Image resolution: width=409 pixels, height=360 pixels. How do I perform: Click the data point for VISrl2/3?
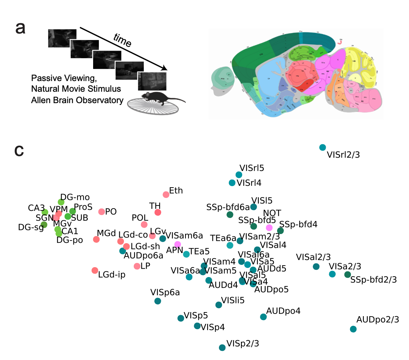tap(323, 147)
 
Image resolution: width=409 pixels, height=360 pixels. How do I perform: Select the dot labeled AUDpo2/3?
tap(353, 329)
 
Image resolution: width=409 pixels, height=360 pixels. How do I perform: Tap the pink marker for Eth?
tap(166, 194)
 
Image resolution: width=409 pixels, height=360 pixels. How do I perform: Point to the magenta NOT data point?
tap(269, 228)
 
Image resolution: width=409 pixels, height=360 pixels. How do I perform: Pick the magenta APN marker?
tap(178, 244)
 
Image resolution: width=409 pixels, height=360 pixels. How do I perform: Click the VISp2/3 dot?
tap(222, 347)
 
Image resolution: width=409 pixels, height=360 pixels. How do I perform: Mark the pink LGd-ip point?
tap(95, 270)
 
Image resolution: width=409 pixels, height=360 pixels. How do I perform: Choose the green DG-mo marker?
tap(61, 202)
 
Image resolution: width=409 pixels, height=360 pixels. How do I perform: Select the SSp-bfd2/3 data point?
tap(347, 274)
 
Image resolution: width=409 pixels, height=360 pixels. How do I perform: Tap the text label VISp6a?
tap(165, 292)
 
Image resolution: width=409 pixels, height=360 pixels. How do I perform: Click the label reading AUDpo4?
tap(283, 311)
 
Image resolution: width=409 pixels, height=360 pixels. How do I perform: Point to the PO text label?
tap(111, 211)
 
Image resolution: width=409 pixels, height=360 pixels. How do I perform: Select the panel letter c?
tap(19, 151)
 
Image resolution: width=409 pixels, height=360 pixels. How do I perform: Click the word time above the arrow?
tap(122, 40)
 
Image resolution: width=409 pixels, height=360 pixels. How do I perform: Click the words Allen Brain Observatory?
tap(78, 100)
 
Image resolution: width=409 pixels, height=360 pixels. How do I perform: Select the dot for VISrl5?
tap(239, 175)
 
